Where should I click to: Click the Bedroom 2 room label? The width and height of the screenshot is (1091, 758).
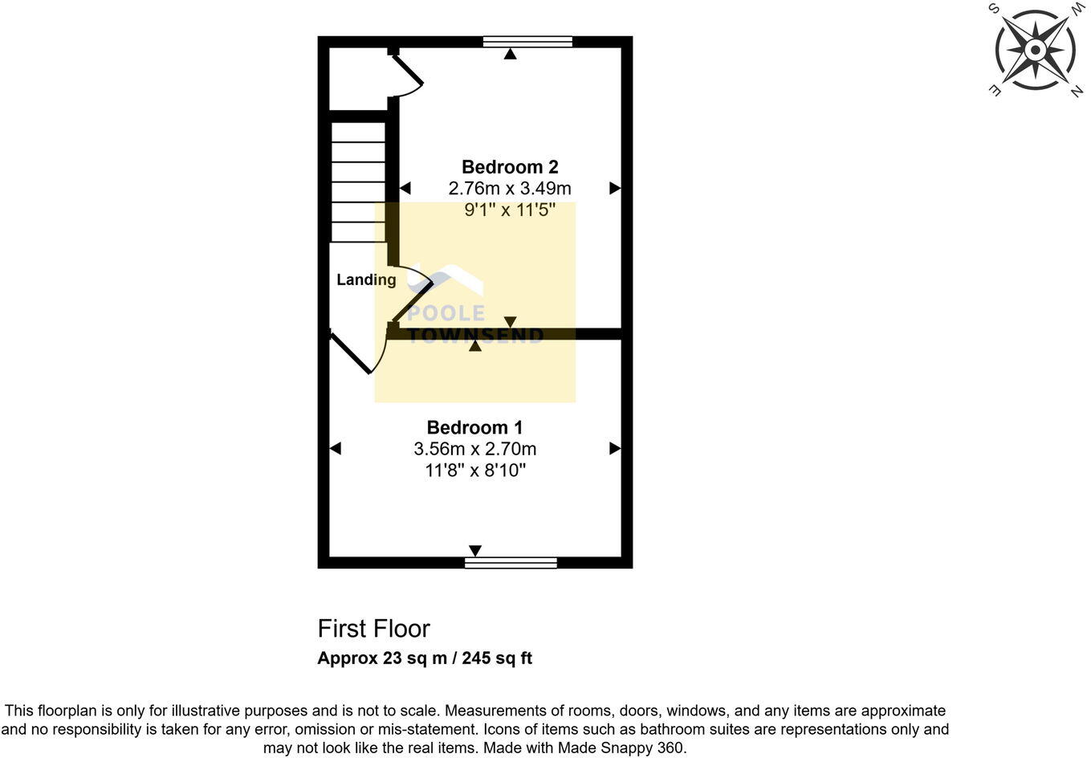pyautogui.click(x=510, y=167)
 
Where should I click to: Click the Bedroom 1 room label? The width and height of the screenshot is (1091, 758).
pyautogui.click(x=474, y=427)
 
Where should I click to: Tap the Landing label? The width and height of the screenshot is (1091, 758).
pyautogui.click(x=366, y=279)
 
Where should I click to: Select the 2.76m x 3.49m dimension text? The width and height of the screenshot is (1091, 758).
pyautogui.click(x=510, y=189)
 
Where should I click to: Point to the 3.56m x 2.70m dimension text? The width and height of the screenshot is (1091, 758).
pyautogui.click(x=474, y=449)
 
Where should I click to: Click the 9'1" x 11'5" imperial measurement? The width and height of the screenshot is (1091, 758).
pyautogui.click(x=510, y=210)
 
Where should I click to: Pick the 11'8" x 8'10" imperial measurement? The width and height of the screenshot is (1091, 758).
pyautogui.click(x=474, y=471)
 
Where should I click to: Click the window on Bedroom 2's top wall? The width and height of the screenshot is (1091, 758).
pyautogui.click(x=527, y=42)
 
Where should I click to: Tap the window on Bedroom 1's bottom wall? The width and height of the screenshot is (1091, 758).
pyautogui.click(x=511, y=563)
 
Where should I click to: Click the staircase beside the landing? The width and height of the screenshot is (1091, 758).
pyautogui.click(x=358, y=181)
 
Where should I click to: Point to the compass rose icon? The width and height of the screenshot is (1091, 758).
pyautogui.click(x=1035, y=51)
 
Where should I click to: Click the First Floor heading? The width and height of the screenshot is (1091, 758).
pyautogui.click(x=373, y=628)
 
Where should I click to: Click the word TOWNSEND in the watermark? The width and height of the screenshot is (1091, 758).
pyautogui.click(x=475, y=336)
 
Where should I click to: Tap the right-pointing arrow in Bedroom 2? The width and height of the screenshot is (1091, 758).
pyautogui.click(x=615, y=189)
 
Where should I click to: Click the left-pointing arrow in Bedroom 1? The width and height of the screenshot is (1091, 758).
pyautogui.click(x=336, y=448)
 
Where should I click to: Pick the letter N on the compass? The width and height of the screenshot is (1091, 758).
pyautogui.click(x=1076, y=92)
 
